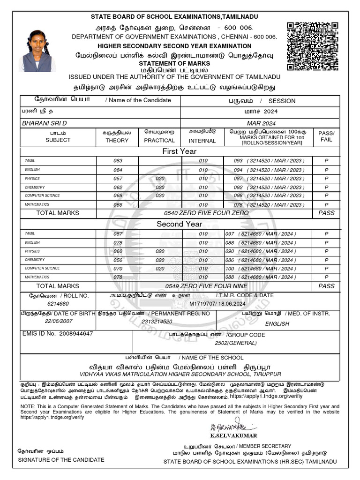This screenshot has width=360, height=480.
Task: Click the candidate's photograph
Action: (x=37, y=51)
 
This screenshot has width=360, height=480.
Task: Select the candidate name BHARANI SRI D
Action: (x=45, y=123)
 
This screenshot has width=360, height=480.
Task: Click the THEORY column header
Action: (x=117, y=140)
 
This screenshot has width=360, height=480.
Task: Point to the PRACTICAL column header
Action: (x=159, y=140)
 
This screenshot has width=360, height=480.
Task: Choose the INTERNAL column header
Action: (x=202, y=141)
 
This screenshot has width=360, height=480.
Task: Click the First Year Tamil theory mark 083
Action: (x=118, y=161)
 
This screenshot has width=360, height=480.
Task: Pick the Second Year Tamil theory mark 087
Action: (x=118, y=233)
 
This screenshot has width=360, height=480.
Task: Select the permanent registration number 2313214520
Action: (x=157, y=322)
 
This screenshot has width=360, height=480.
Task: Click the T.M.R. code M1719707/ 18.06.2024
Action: (x=214, y=304)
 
